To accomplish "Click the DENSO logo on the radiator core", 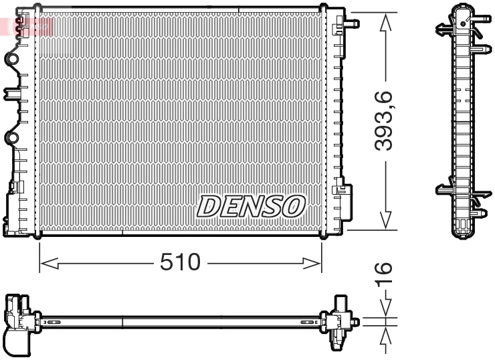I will pyautogui.click(x=251, y=206).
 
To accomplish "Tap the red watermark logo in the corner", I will pyautogui.click(x=27, y=25).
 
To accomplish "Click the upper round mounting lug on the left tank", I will pyautogui.click(x=11, y=60).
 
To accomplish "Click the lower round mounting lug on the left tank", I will pyautogui.click(x=11, y=138).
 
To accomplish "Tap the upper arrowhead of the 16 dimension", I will pyautogui.click(x=385, y=308).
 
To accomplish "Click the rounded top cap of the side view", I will pyautogui.click(x=462, y=9).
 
